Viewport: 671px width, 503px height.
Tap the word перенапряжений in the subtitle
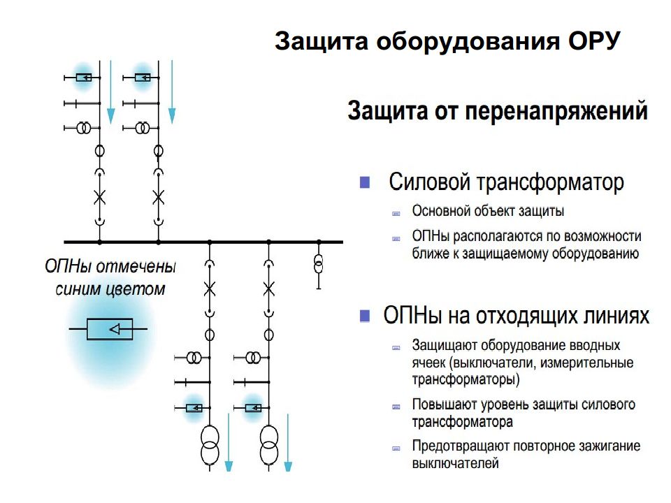(556, 111)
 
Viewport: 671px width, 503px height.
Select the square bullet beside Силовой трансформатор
(365, 182)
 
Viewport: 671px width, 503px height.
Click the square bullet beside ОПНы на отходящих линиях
(365, 316)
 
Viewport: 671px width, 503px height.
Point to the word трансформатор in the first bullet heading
(550, 182)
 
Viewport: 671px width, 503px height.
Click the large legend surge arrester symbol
(110, 329)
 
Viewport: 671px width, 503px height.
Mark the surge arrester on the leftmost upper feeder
(84, 78)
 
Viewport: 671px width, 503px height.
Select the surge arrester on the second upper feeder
(143, 78)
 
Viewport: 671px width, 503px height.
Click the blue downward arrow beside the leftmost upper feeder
(111, 92)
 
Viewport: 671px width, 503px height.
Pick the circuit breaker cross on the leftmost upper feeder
(99, 197)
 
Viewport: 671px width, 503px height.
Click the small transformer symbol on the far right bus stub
(319, 263)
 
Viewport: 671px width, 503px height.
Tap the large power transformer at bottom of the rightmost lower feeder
(268, 445)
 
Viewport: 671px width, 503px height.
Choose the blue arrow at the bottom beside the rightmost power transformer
(288, 442)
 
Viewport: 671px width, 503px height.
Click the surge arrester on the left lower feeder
(194, 408)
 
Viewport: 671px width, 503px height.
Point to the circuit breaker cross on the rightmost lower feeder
(268, 289)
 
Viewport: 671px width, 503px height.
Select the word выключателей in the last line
(455, 463)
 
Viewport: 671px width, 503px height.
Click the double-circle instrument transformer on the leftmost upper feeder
(84, 128)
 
